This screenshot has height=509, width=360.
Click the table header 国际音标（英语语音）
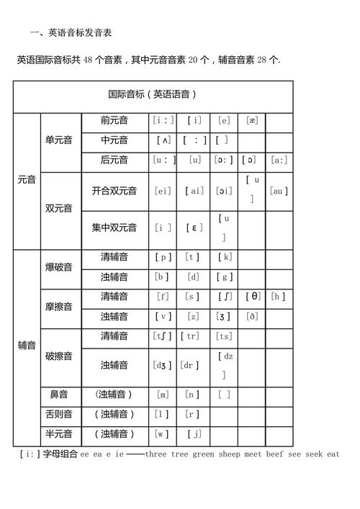point(153,94)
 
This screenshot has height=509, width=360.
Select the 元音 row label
point(26,180)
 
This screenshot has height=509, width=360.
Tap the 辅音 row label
point(26,346)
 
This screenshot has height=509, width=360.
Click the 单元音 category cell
point(58,140)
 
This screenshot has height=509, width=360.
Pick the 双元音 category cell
point(58,209)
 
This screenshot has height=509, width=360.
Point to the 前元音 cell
point(114,121)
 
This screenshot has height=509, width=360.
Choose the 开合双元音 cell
point(114,191)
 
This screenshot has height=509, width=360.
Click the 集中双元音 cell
point(114,228)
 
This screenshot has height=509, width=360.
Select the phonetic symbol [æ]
point(251,121)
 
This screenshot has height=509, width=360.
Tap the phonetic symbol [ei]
point(163,191)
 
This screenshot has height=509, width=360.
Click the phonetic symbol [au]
point(279,191)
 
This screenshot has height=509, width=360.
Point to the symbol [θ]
point(253,296)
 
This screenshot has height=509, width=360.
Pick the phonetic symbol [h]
point(279,296)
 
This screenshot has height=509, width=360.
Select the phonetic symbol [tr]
point(192,335)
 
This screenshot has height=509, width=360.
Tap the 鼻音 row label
point(58,395)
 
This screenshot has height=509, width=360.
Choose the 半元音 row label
point(58,433)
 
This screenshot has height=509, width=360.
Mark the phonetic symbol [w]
point(163,433)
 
